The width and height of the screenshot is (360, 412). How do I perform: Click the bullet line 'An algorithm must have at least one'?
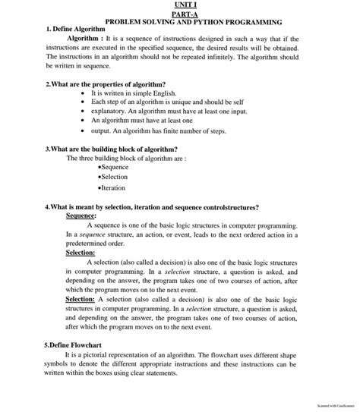141,120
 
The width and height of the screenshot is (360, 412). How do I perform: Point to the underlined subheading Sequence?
81,215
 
